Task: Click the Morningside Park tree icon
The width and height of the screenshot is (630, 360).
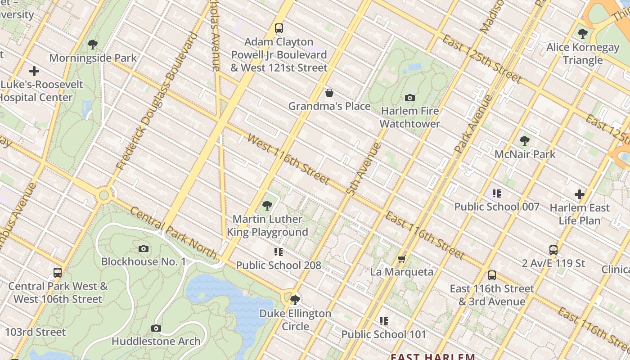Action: (93, 45)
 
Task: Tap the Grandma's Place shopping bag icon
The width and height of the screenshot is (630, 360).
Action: (329, 93)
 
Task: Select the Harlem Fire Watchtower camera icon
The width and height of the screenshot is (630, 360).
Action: (409, 98)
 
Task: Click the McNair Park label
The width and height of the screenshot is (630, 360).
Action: (525, 154)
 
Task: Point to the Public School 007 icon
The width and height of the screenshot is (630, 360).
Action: (496, 193)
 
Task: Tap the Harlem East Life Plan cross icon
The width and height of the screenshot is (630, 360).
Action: (579, 194)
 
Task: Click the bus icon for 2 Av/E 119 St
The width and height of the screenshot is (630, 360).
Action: (553, 250)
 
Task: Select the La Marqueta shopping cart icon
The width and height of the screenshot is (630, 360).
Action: (401, 259)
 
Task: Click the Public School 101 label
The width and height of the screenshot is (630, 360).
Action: (383, 334)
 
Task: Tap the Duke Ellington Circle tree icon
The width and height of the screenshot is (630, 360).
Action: (295, 300)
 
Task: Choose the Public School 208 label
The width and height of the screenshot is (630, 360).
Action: (279, 265)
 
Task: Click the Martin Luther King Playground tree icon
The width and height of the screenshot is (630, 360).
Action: (267, 206)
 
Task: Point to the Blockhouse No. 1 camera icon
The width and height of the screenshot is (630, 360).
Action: (143, 248)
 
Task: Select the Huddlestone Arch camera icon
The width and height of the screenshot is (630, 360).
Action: (156, 328)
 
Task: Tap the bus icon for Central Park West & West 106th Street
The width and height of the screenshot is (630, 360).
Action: (58, 273)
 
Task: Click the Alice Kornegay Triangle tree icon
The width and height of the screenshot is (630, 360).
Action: (582, 34)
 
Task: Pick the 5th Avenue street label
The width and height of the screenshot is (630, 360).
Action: (364, 168)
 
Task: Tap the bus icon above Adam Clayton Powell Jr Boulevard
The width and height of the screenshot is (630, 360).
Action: (279, 28)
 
